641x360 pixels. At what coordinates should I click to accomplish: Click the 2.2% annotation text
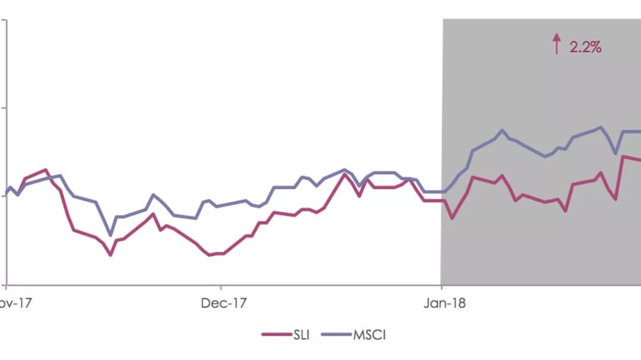[x=585, y=47]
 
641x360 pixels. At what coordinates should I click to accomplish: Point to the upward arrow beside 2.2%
[x=556, y=44]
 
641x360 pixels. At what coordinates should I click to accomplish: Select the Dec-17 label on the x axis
[x=223, y=303]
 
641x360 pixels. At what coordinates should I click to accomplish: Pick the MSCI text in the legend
[x=370, y=335]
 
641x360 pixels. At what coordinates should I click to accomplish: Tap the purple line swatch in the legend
[x=336, y=335]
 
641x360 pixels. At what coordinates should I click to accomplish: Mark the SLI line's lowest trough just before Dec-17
[x=209, y=255]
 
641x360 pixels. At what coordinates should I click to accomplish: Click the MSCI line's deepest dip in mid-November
[x=110, y=235]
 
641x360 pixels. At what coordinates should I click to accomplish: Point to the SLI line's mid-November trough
[x=110, y=255]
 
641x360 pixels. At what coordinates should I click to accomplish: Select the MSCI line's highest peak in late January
[x=601, y=127]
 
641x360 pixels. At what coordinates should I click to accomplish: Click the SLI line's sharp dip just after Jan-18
[x=452, y=218]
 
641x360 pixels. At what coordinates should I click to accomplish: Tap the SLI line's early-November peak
[x=46, y=170]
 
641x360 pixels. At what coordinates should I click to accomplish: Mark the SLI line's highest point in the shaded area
[x=623, y=156]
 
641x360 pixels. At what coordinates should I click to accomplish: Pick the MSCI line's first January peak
[x=502, y=130]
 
